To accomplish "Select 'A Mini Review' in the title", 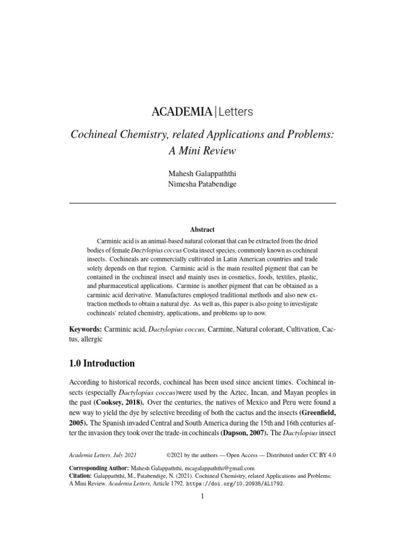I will [202, 150].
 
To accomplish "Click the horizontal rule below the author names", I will [202, 203].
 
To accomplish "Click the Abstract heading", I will [202, 229].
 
